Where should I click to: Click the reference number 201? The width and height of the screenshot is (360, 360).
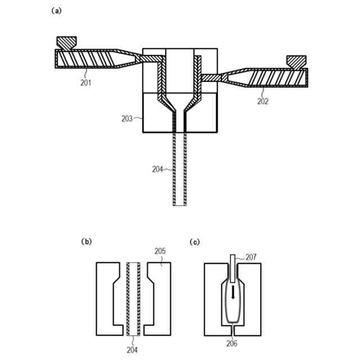85,82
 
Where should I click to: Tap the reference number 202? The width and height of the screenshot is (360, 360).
263,101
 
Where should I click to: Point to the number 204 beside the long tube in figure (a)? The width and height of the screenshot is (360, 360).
159,168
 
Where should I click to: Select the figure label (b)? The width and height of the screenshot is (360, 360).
87,242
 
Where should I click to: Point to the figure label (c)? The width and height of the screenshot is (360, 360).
196,242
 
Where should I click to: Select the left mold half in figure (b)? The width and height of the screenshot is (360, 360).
108,298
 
